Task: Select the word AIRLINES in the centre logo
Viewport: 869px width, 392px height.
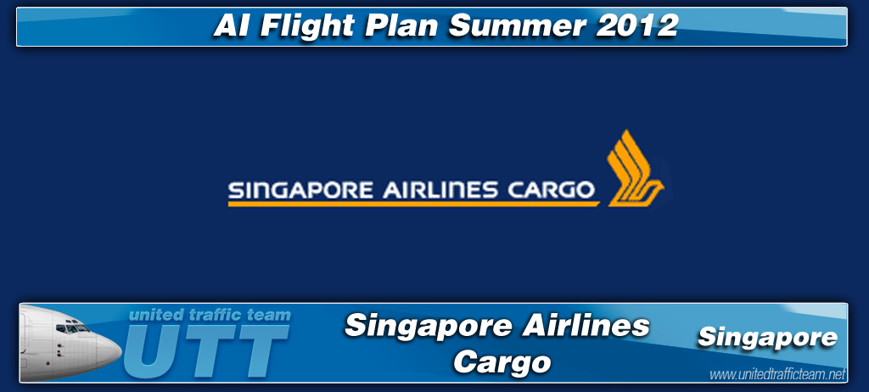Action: [440, 190]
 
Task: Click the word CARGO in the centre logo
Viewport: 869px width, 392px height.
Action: [552, 190]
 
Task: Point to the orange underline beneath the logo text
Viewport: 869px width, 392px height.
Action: [413, 204]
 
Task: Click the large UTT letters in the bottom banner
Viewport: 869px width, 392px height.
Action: [206, 351]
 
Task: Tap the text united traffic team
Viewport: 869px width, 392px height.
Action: [210, 315]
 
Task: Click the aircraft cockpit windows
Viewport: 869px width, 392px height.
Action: [72, 328]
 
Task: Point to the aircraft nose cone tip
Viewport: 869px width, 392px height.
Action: [121, 350]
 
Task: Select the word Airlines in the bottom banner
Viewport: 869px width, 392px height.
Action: [586, 326]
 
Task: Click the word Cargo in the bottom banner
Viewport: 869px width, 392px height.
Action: [502, 362]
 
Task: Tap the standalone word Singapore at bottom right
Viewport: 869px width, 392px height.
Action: [767, 338]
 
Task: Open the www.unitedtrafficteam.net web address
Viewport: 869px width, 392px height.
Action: [777, 375]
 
